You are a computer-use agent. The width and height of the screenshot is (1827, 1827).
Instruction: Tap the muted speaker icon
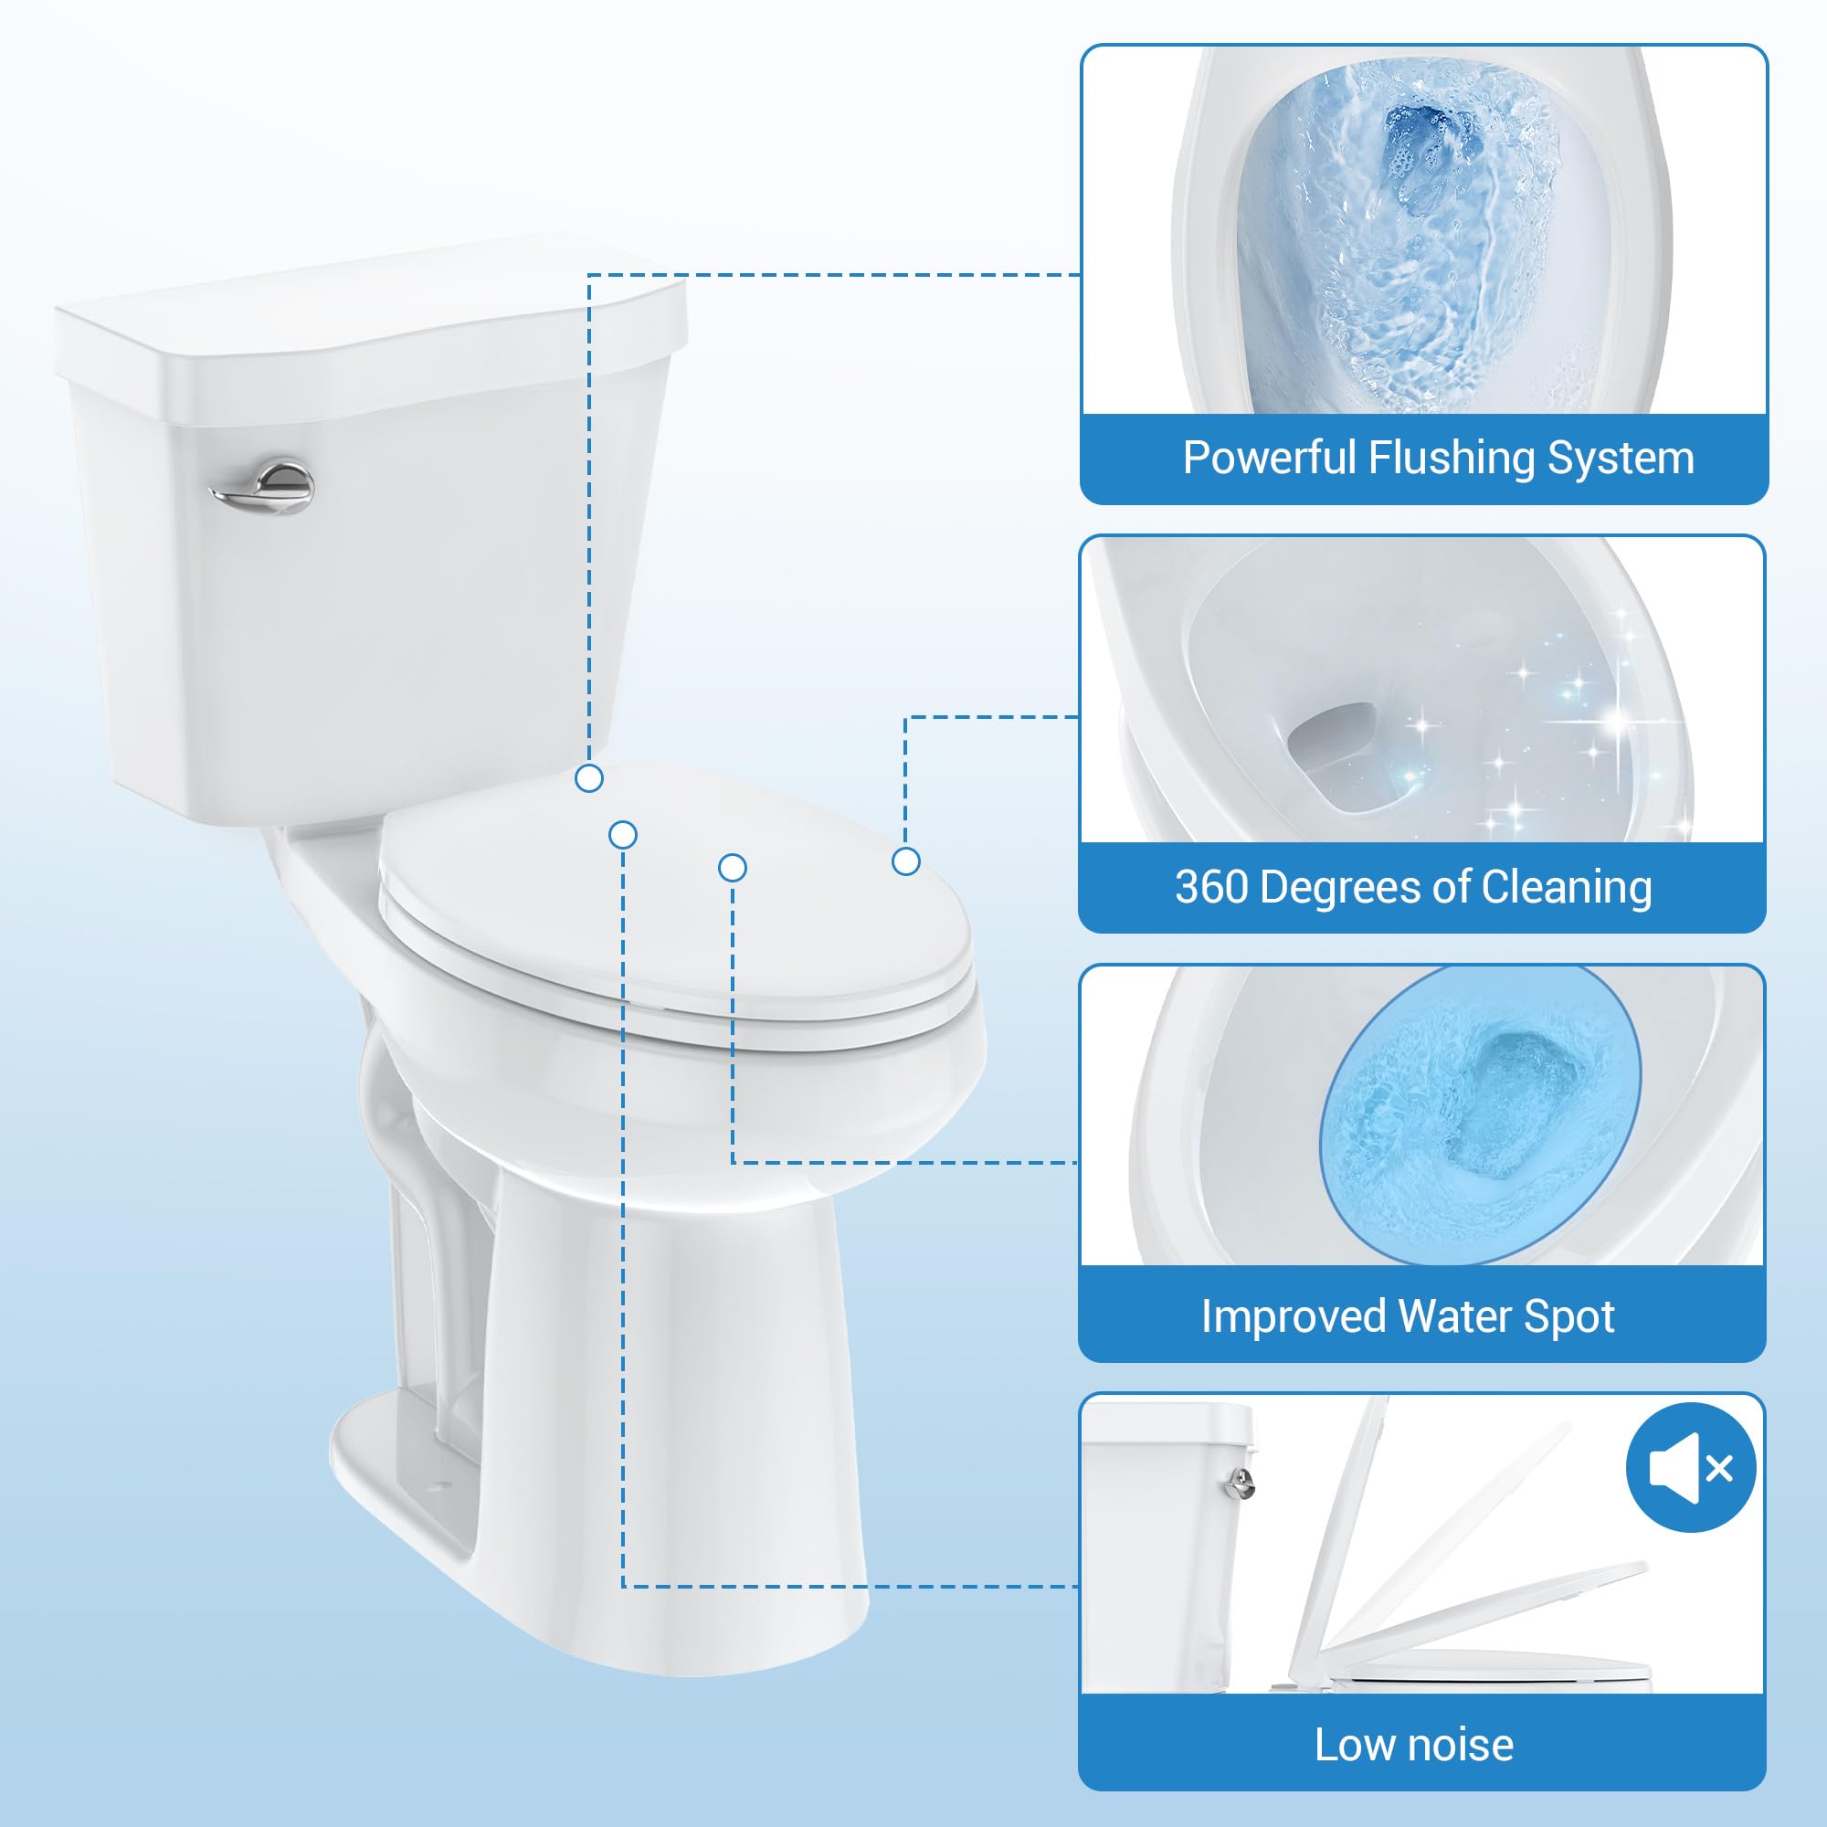1691,1469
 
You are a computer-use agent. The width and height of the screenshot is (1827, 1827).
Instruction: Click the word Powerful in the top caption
1269,459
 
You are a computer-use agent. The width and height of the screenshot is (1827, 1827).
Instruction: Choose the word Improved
1293,1316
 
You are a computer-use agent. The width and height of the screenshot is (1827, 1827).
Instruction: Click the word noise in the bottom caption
1461,1745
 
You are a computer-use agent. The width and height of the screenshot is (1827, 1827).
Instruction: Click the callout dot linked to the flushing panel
589,778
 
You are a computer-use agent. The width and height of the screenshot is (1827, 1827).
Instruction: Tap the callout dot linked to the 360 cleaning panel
906,861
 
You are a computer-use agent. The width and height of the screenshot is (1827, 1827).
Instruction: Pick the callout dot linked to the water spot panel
733,867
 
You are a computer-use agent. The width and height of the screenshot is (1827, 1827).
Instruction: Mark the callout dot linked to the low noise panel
623,835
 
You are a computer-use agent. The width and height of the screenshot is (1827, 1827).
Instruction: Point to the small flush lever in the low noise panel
1239,1484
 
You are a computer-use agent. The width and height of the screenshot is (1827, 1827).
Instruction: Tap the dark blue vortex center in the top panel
1428,142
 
